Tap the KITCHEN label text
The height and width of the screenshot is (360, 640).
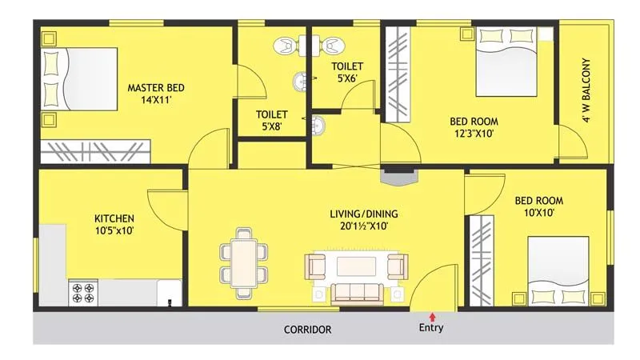(x=114, y=218)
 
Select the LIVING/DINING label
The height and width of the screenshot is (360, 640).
(x=364, y=214)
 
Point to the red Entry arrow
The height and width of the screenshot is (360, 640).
(x=432, y=318)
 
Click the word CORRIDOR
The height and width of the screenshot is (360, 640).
(x=307, y=329)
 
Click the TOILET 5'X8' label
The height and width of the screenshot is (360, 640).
(x=271, y=114)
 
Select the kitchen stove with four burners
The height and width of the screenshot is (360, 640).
(x=83, y=291)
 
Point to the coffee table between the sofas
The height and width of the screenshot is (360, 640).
(x=358, y=266)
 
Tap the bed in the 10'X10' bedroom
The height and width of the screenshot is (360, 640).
(x=558, y=272)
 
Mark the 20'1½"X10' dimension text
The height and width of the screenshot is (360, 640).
(x=364, y=226)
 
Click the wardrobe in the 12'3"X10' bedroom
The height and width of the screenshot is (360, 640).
(x=396, y=74)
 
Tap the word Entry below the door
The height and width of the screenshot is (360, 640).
(x=431, y=328)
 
